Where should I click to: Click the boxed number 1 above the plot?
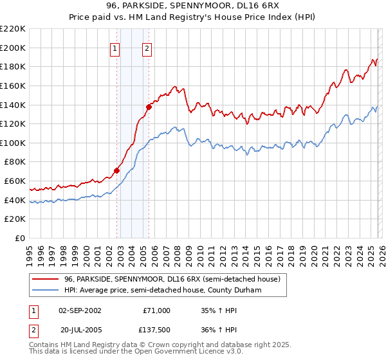pyautogui.click(x=115, y=49)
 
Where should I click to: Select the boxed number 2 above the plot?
pyautogui.click(x=147, y=49)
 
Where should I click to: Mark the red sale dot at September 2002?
pyautogui.click(x=116, y=170)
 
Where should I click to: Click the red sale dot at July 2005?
pyautogui.click(x=149, y=107)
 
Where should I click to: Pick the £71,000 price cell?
pyautogui.click(x=156, y=310)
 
